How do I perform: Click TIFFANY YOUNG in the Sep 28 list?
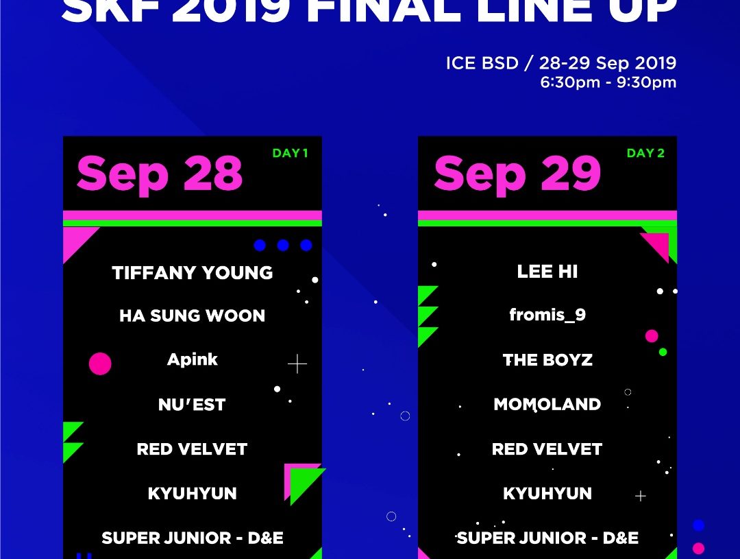coord(192,273)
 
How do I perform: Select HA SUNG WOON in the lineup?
coord(192,316)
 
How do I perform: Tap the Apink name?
coord(192,359)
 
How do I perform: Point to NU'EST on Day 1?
coord(192,405)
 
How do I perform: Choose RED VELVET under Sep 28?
coord(192,449)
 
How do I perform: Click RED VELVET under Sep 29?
coord(547,449)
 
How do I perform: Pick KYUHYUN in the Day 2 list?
coord(547,493)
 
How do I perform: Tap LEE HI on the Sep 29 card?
coord(547,272)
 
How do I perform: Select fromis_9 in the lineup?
coord(547,315)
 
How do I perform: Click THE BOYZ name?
coord(547,360)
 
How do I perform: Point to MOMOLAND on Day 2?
coord(547,405)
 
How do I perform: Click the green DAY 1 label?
coord(291,153)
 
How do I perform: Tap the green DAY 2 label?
coord(645,153)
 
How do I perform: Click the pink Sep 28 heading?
coord(160,174)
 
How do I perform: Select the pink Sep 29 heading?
coord(517,174)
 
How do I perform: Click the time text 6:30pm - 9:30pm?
coord(608,82)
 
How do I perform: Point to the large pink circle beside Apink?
coord(100,364)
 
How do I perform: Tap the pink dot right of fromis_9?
coord(652,336)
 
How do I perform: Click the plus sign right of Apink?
coord(297,364)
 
